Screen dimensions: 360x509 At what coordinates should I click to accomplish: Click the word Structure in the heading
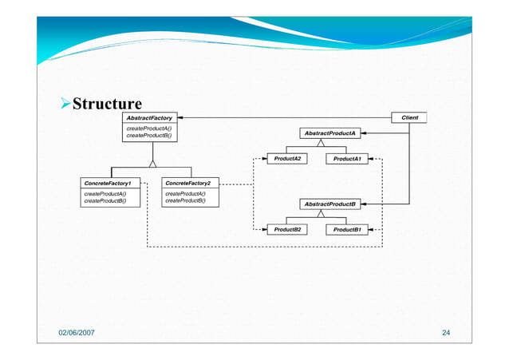pyautogui.click(x=107, y=105)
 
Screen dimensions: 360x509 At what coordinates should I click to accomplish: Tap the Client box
pyautogui.click(x=409, y=117)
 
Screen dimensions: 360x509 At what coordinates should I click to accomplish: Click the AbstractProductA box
pyautogui.click(x=329, y=133)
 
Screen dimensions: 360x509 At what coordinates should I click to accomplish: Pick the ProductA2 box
pyautogui.click(x=287, y=159)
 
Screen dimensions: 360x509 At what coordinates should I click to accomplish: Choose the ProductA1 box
pyautogui.click(x=347, y=159)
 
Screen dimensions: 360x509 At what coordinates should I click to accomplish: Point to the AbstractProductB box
pyautogui.click(x=329, y=204)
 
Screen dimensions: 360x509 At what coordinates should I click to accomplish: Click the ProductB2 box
pyautogui.click(x=287, y=230)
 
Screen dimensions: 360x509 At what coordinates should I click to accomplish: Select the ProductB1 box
pyautogui.click(x=347, y=230)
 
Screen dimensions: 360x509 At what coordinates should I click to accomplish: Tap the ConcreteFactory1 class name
pyautogui.click(x=108, y=183)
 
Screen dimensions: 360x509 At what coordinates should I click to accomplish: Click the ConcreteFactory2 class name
pyautogui.click(x=187, y=183)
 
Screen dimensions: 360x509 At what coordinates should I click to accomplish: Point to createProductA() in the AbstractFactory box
pyautogui.click(x=148, y=128)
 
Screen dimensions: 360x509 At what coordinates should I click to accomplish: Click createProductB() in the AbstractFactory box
pyautogui.click(x=148, y=136)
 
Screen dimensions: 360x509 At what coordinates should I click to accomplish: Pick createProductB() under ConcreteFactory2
pyautogui.click(x=185, y=201)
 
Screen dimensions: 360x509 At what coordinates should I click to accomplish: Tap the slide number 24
pyautogui.click(x=447, y=331)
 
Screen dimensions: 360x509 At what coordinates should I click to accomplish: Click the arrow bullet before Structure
pyautogui.click(x=66, y=105)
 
